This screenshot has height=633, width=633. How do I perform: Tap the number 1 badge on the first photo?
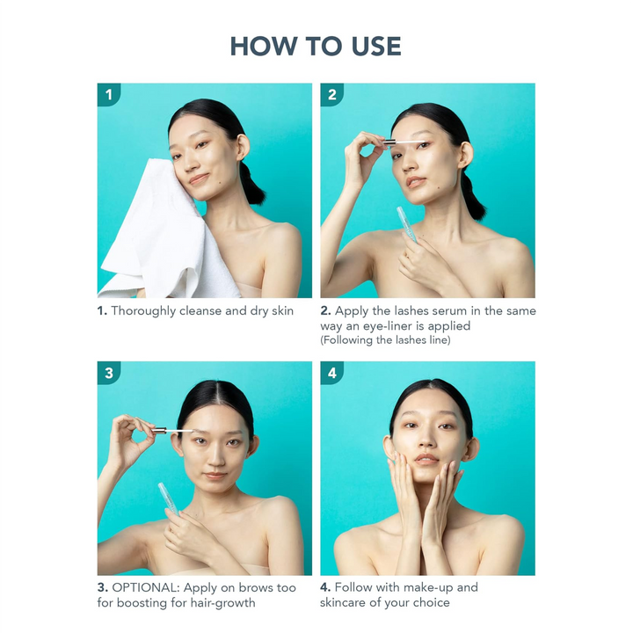108,94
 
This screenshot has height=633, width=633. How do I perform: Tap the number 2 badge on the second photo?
331,94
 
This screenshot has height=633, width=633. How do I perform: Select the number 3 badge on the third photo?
108,373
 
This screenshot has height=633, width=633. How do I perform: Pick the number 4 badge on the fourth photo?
331,373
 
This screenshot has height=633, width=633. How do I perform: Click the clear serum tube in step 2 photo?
406,224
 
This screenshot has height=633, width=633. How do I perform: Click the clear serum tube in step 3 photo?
169,498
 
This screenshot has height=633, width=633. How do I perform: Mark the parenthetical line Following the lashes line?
386,340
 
